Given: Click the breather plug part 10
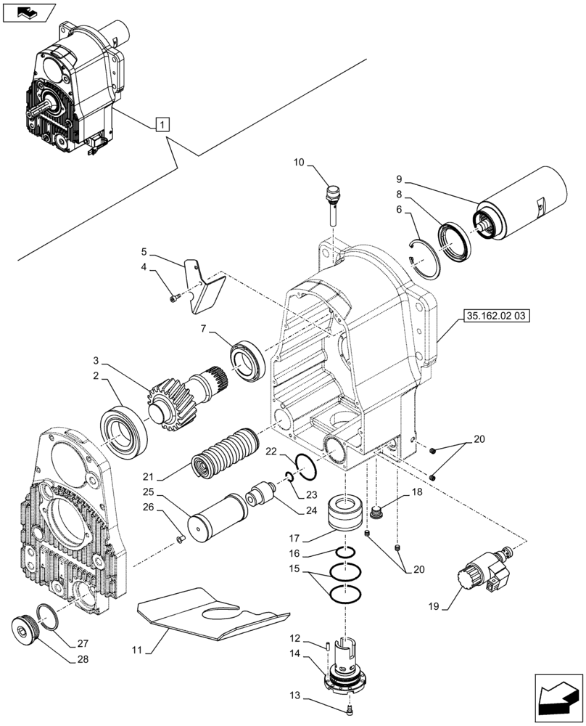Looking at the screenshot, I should pyautogui.click(x=333, y=200).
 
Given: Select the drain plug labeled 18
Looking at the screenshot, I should pyautogui.click(x=376, y=515).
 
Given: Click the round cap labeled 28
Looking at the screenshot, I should pyautogui.click(x=28, y=629).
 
